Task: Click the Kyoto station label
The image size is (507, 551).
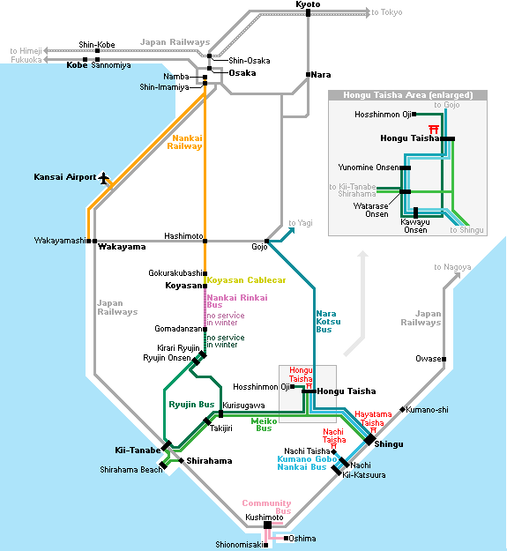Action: pyautogui.click(x=308, y=4)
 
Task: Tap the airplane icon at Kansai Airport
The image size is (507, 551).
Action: pyautogui.click(x=103, y=178)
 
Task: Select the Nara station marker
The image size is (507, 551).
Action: pyautogui.click(x=308, y=75)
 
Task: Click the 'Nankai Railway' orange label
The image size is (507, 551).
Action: pyautogui.click(x=185, y=142)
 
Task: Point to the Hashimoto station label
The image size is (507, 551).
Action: pyautogui.click(x=183, y=235)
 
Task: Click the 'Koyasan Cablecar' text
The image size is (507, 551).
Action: pyautogui.click(x=246, y=280)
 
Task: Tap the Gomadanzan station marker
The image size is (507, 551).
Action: pyautogui.click(x=205, y=329)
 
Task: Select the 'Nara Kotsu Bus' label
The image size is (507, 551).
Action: pyautogui.click(x=328, y=322)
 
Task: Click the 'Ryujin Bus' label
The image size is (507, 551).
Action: pyautogui.click(x=191, y=405)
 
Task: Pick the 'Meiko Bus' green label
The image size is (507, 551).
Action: pyautogui.click(x=264, y=425)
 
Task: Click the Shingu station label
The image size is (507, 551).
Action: pyautogui.click(x=389, y=444)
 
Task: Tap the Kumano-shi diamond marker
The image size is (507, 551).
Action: pyautogui.click(x=403, y=410)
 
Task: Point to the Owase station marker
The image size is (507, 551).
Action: pyautogui.click(x=444, y=359)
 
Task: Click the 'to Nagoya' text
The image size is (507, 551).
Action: pyautogui.click(x=452, y=267)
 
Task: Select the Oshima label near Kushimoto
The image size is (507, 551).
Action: pyautogui.click(x=302, y=539)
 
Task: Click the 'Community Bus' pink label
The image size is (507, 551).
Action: pyautogui.click(x=266, y=507)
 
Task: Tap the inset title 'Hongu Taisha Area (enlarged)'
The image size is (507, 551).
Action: pyautogui.click(x=408, y=95)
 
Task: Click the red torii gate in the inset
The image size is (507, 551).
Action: pyautogui.click(x=434, y=129)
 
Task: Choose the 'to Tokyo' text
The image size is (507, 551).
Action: pyautogui.click(x=387, y=12)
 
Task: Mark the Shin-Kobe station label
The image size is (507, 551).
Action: pyautogui.click(x=97, y=45)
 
